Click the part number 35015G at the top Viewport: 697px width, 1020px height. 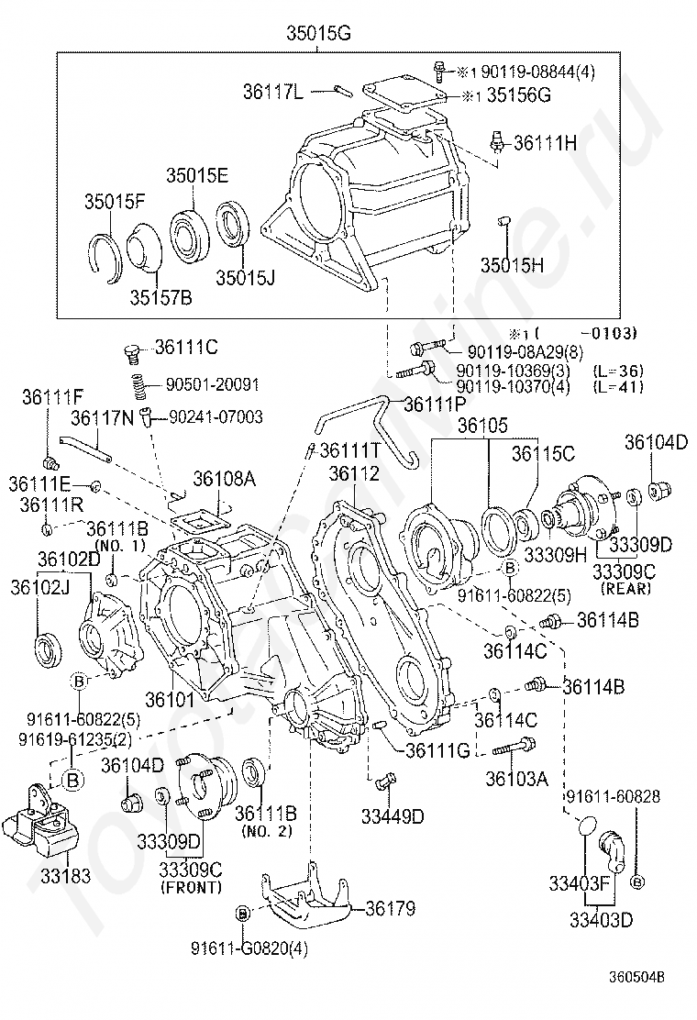point(318,35)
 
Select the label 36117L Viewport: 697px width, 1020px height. point(274,91)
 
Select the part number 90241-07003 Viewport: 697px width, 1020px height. point(215,417)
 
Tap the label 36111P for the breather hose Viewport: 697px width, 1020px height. point(435,404)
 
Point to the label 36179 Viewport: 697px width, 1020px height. point(390,909)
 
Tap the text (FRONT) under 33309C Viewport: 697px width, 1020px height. point(191,888)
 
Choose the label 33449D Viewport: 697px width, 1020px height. point(392,815)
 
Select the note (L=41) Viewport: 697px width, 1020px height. point(617,387)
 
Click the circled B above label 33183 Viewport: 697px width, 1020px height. point(73,779)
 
